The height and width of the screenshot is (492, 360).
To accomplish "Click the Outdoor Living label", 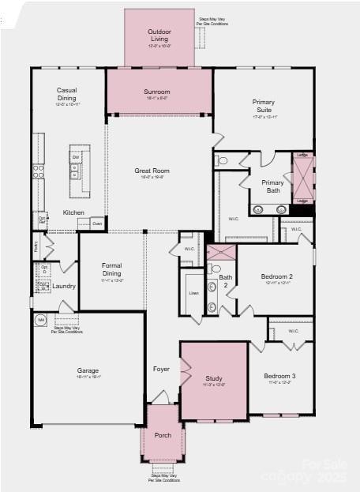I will click(x=159, y=35).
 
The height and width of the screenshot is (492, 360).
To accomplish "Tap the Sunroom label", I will click(x=157, y=92).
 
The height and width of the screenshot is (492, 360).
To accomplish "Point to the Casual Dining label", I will click(x=66, y=94).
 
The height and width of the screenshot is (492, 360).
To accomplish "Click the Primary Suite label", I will click(x=264, y=106).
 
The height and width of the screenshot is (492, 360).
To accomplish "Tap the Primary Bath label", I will click(x=273, y=186).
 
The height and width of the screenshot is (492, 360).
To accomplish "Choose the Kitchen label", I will click(x=73, y=212).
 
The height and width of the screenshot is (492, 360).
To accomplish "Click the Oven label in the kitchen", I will click(x=97, y=223).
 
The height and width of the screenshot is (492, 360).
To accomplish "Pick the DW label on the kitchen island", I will click(x=76, y=158).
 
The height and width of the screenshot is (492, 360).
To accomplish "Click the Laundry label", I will click(x=65, y=286).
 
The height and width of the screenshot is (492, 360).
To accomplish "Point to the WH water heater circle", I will click(x=41, y=320).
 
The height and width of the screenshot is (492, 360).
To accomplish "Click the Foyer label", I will click(x=161, y=369).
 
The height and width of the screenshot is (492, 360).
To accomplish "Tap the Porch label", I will click(x=163, y=435).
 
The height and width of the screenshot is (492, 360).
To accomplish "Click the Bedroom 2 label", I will click(x=277, y=276).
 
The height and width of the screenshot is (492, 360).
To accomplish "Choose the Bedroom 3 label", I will click(x=279, y=376).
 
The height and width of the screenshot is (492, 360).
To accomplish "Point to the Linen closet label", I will click(x=193, y=294).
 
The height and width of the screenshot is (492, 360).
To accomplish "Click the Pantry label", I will click(x=37, y=246).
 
